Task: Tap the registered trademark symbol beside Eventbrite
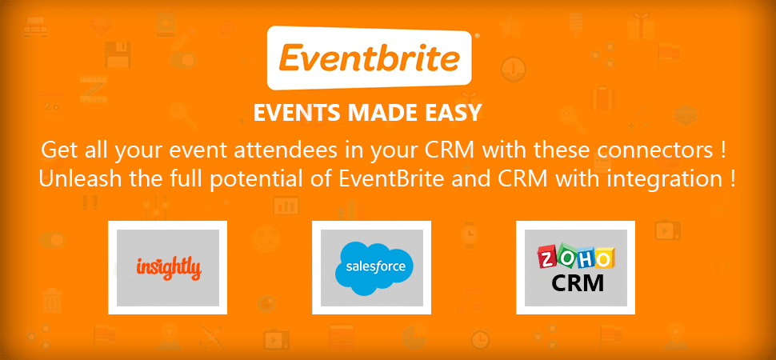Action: click(x=476, y=36)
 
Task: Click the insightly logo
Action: click(x=169, y=268)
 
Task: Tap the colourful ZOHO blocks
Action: click(x=575, y=258)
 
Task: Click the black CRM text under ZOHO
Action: click(x=577, y=283)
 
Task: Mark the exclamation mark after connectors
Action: click(x=724, y=150)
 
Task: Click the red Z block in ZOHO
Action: click(x=547, y=258)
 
